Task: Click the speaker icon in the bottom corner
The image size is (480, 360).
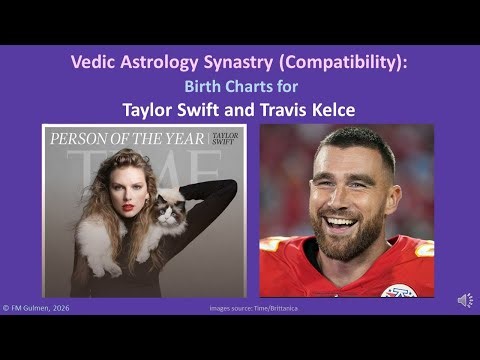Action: [465, 300]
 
